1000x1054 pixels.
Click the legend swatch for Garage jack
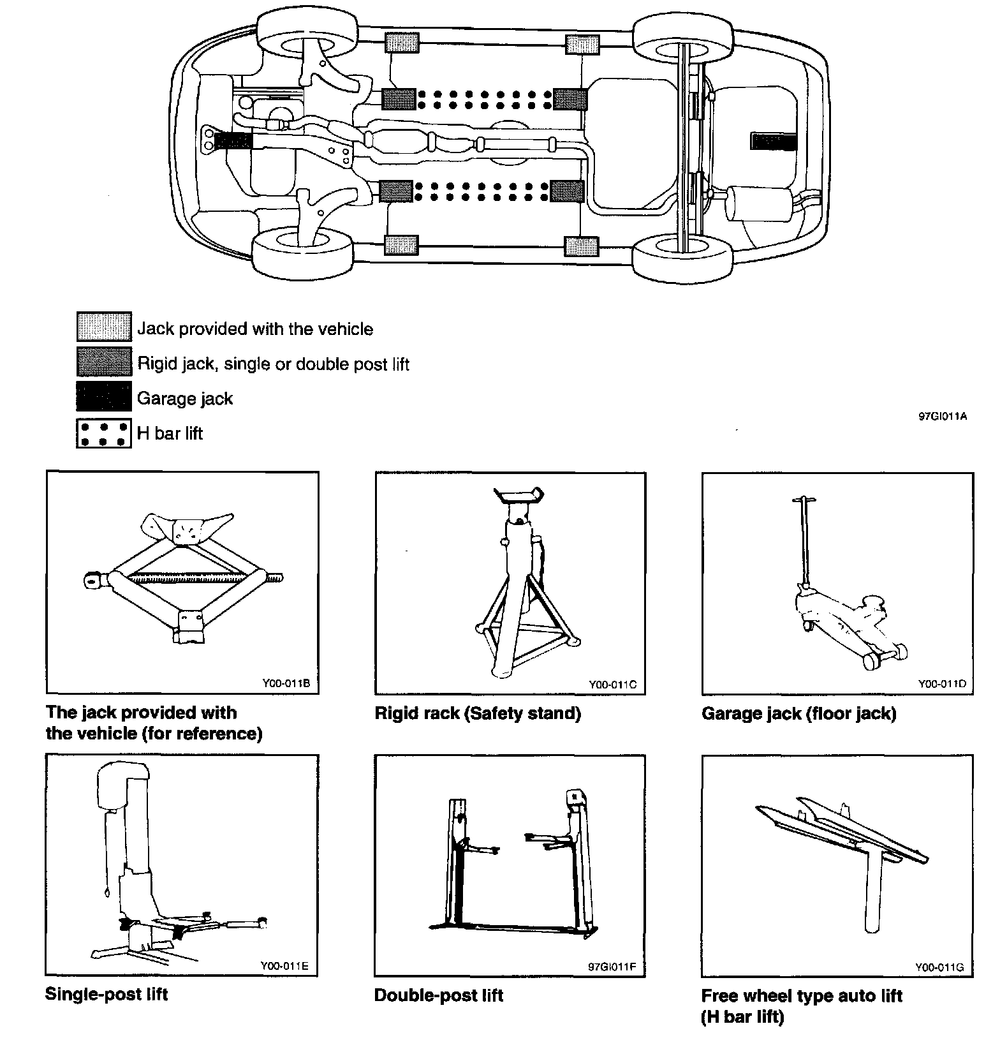coord(104,396)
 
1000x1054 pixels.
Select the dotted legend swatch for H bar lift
coord(104,433)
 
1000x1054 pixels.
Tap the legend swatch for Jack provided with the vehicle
coord(104,327)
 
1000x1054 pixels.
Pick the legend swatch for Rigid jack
coord(104,361)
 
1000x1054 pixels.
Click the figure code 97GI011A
coord(943,417)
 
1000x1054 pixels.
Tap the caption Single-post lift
coord(107,994)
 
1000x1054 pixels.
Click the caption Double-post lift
coord(439,995)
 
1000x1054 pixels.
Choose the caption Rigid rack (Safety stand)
coord(478,713)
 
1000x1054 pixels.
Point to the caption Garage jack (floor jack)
coord(799,713)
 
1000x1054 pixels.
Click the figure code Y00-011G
coord(939,967)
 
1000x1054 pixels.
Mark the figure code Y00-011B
coord(286,684)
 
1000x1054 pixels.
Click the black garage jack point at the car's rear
coord(774,142)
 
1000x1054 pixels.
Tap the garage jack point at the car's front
coord(233,140)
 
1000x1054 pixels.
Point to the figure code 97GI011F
coord(612,966)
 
